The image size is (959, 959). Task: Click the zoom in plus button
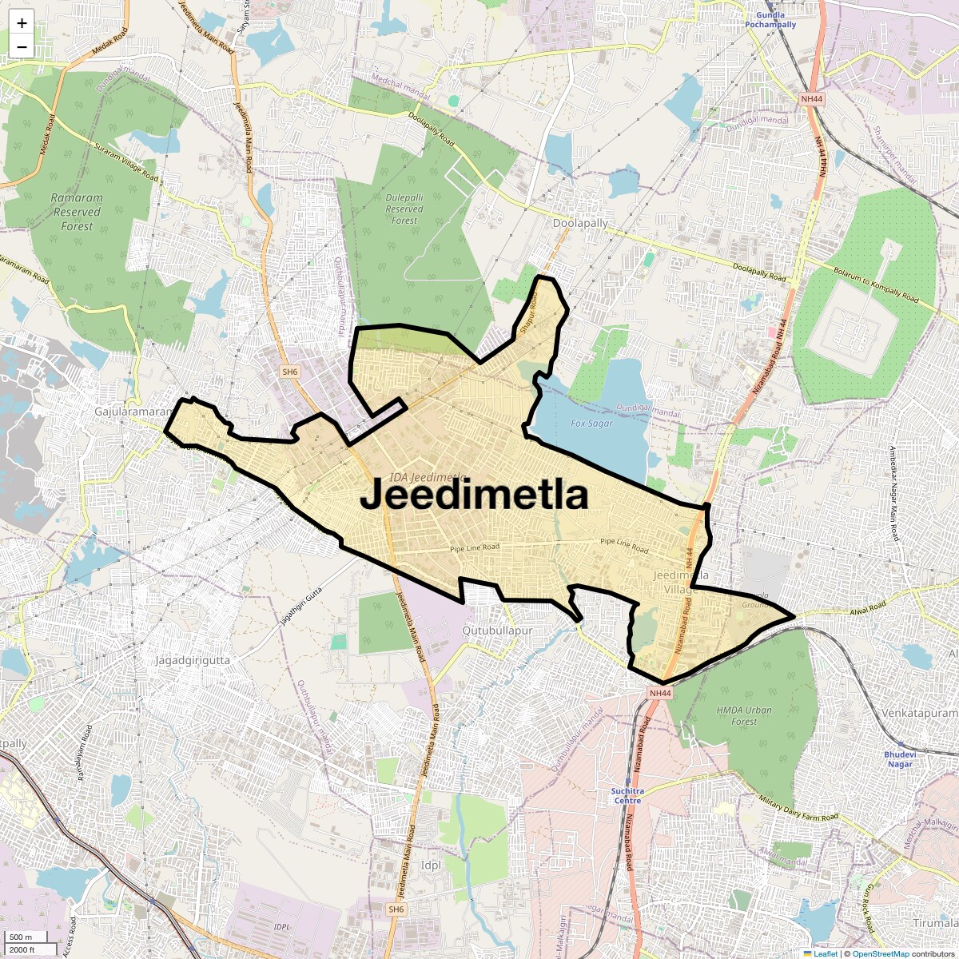(x=22, y=23)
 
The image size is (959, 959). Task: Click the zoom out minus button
(x=22, y=46)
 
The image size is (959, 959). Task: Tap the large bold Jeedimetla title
(x=474, y=495)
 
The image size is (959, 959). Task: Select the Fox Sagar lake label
(x=591, y=424)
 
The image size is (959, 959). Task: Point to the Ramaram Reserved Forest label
(x=77, y=212)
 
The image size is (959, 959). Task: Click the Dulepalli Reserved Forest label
(x=404, y=209)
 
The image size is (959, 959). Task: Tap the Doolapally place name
(x=580, y=224)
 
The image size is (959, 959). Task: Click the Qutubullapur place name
(x=497, y=631)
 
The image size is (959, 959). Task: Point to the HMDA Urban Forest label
(x=744, y=715)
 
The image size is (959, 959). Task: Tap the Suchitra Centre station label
(x=627, y=795)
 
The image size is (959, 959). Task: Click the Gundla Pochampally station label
(x=770, y=20)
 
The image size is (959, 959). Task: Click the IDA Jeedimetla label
(x=428, y=477)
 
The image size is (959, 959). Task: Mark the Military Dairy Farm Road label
(x=798, y=808)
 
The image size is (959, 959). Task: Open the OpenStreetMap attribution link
(x=881, y=953)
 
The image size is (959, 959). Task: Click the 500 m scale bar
(x=22, y=937)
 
